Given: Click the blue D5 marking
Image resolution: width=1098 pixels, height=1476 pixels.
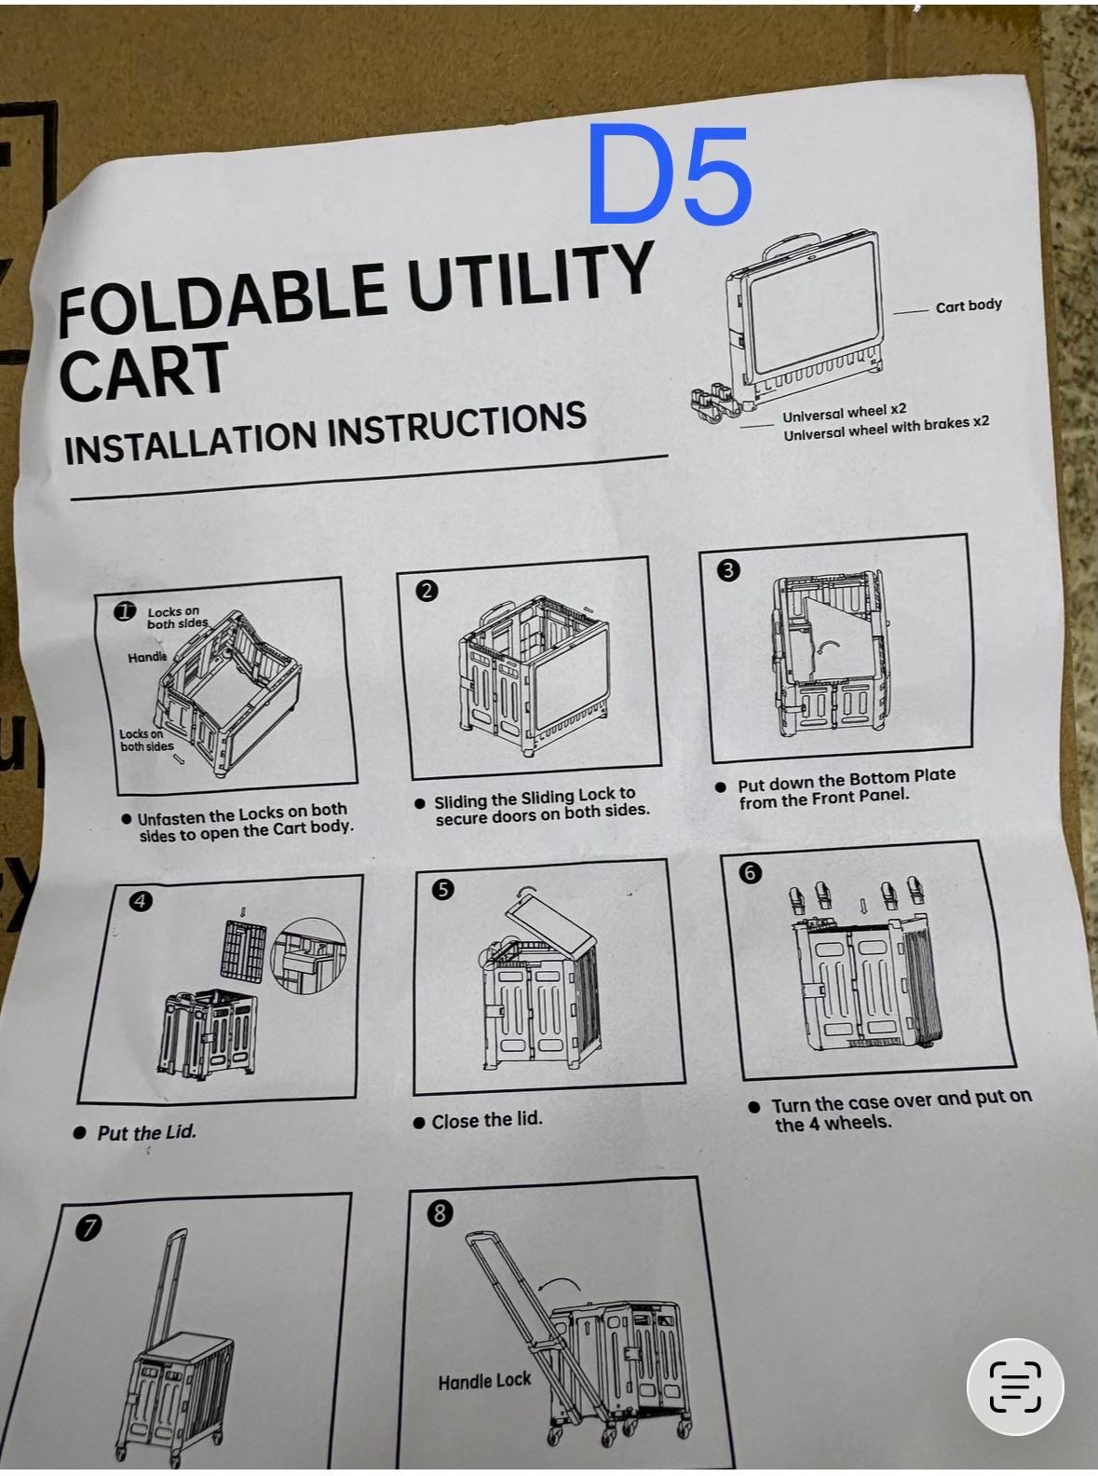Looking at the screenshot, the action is coord(671,175).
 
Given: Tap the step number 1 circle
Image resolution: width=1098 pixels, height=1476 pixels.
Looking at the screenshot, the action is coord(125,611).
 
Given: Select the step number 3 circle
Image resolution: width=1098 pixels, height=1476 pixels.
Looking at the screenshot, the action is coord(728,569).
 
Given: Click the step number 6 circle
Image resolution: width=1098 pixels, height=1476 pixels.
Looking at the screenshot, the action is coord(750,872).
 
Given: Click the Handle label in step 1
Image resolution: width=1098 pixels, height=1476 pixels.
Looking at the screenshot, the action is coord(147,658).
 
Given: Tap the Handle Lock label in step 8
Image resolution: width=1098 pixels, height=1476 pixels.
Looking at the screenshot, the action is coord(484,1382).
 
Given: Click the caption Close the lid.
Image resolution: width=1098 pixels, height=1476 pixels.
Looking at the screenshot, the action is coord(487,1121).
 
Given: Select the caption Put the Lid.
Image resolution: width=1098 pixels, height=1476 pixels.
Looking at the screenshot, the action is coord(147,1132).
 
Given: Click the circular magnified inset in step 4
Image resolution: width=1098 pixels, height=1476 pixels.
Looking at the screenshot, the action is coord(309,956).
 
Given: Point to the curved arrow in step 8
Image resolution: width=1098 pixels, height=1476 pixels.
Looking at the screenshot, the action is coord(560,1284).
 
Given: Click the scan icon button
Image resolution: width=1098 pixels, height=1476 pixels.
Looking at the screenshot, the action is coord(1015,1387).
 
